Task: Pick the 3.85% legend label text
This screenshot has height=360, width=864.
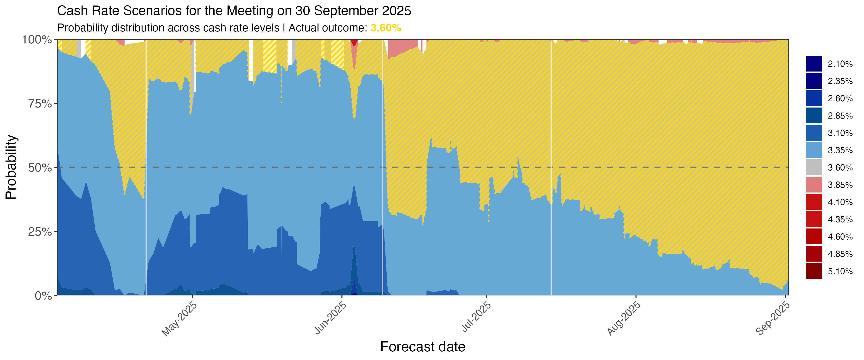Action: (x=840, y=185)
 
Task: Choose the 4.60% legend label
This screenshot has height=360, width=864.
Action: (x=840, y=237)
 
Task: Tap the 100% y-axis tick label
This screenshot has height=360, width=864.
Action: (x=37, y=40)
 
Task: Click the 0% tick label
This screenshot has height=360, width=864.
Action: (x=44, y=296)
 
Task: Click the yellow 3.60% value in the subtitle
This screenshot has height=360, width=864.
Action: (x=386, y=28)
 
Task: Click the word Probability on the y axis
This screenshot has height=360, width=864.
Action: (x=11, y=167)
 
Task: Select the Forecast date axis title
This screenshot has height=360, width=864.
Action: (x=423, y=347)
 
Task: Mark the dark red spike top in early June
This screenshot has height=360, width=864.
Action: (x=354, y=42)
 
